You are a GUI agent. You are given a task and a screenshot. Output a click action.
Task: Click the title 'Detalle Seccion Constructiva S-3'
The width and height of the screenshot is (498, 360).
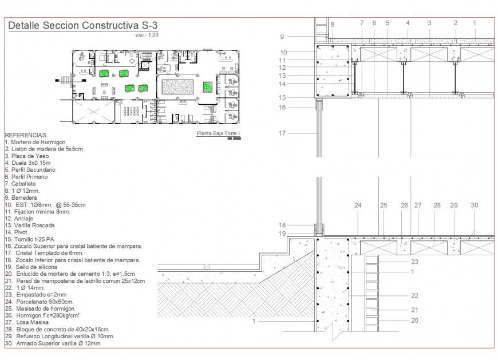click(x=82, y=26)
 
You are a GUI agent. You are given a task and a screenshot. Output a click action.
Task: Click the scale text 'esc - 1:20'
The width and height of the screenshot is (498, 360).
click(x=147, y=35)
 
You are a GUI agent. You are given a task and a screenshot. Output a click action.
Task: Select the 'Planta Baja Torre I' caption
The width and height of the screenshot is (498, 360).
click(x=218, y=134)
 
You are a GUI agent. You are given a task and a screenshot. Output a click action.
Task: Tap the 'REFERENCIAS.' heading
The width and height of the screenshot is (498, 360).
click(x=26, y=134)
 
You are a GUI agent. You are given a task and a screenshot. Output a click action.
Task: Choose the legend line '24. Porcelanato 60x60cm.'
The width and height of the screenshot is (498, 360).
click(x=39, y=302)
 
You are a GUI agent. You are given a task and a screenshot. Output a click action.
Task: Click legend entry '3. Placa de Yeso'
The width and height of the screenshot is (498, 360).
click(x=27, y=156)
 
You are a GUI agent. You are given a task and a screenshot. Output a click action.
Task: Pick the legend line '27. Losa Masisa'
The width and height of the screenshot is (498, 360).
click(x=27, y=323)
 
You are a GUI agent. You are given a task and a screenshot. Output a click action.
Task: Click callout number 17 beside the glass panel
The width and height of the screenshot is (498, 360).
click(x=282, y=133)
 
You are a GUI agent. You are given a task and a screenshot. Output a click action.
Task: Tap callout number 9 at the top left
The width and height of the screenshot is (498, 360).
click(x=282, y=37)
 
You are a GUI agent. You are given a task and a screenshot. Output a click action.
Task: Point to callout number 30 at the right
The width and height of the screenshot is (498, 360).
click(x=475, y=205)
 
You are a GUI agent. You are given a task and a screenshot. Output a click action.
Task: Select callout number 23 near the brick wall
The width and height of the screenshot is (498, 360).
click(x=415, y=262)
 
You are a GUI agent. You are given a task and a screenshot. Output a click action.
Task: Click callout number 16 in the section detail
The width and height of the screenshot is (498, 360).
click(x=282, y=108)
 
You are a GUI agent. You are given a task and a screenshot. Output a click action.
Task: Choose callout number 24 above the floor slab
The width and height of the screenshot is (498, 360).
click(x=358, y=205)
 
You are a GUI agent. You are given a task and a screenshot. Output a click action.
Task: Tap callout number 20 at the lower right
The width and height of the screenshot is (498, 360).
click(x=415, y=321)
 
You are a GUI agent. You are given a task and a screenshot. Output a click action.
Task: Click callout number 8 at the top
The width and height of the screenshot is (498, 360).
click(x=333, y=25)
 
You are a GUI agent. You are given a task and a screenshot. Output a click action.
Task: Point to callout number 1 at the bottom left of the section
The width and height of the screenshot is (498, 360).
click(x=254, y=322)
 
